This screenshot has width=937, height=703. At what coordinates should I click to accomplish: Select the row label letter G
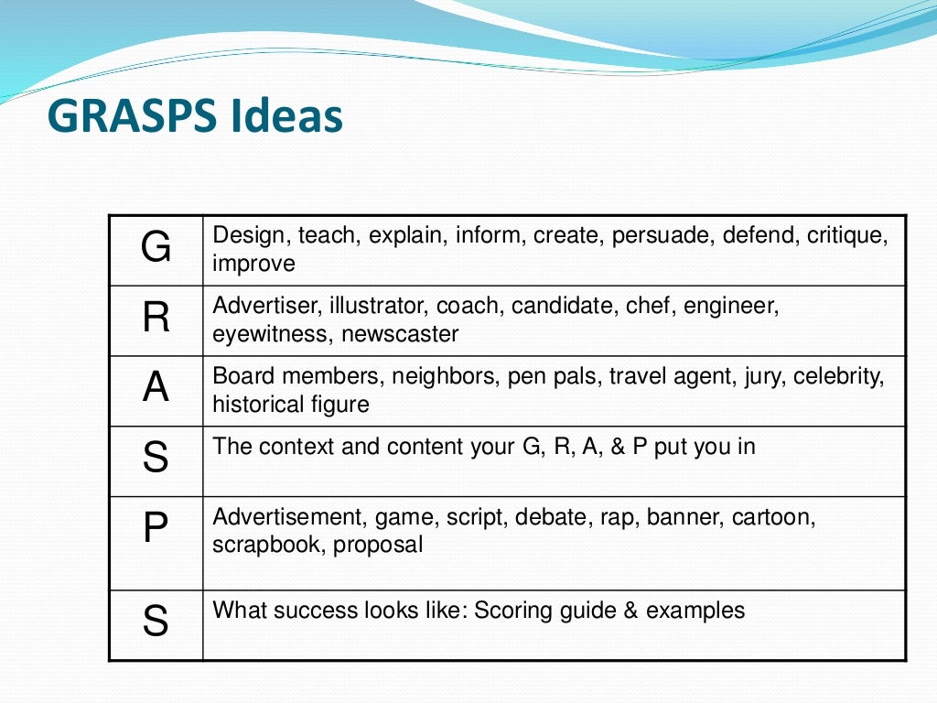pos(156,248)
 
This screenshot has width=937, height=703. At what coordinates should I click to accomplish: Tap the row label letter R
pos(156,318)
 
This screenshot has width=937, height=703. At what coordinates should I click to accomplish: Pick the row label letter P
pos(156,530)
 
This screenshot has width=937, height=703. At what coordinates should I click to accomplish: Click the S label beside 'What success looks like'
pos(156,622)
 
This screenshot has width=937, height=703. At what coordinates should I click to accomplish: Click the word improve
pos(253,265)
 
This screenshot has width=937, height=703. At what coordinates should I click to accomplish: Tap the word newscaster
pos(400,334)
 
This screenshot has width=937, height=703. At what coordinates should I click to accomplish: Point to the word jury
pos(764,377)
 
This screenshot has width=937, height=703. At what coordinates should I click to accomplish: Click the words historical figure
pos(291,405)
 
